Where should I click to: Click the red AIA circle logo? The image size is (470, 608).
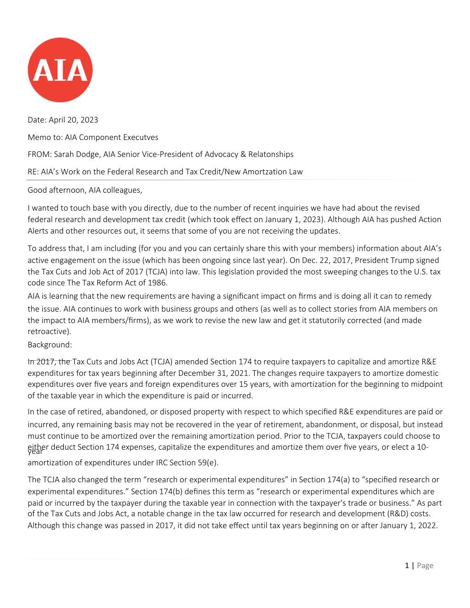60,70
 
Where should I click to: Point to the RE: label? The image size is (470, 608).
34,172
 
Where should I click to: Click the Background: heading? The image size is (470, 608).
50,344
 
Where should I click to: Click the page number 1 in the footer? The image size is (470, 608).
407,565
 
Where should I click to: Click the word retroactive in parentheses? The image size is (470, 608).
48,331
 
